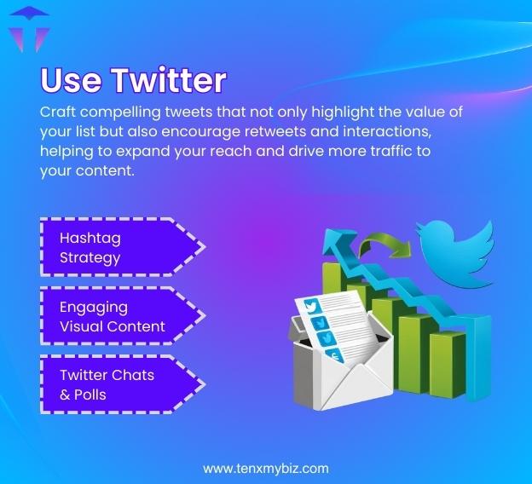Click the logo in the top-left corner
tap(29, 29)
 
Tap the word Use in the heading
tap(71, 81)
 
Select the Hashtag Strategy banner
tap(119, 247)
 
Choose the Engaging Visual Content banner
tap(119, 316)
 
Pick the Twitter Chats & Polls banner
tap(119, 385)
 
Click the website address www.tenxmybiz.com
tap(265, 468)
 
